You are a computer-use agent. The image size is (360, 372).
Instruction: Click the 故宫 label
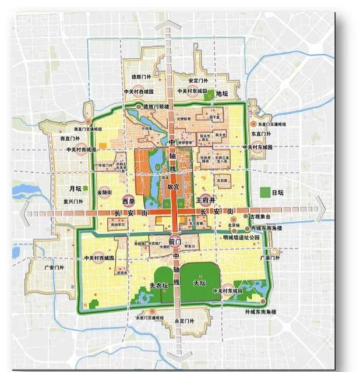point(173,187)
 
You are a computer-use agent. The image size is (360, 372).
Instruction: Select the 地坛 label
point(223,93)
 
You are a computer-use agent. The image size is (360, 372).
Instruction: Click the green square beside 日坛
point(266,192)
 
